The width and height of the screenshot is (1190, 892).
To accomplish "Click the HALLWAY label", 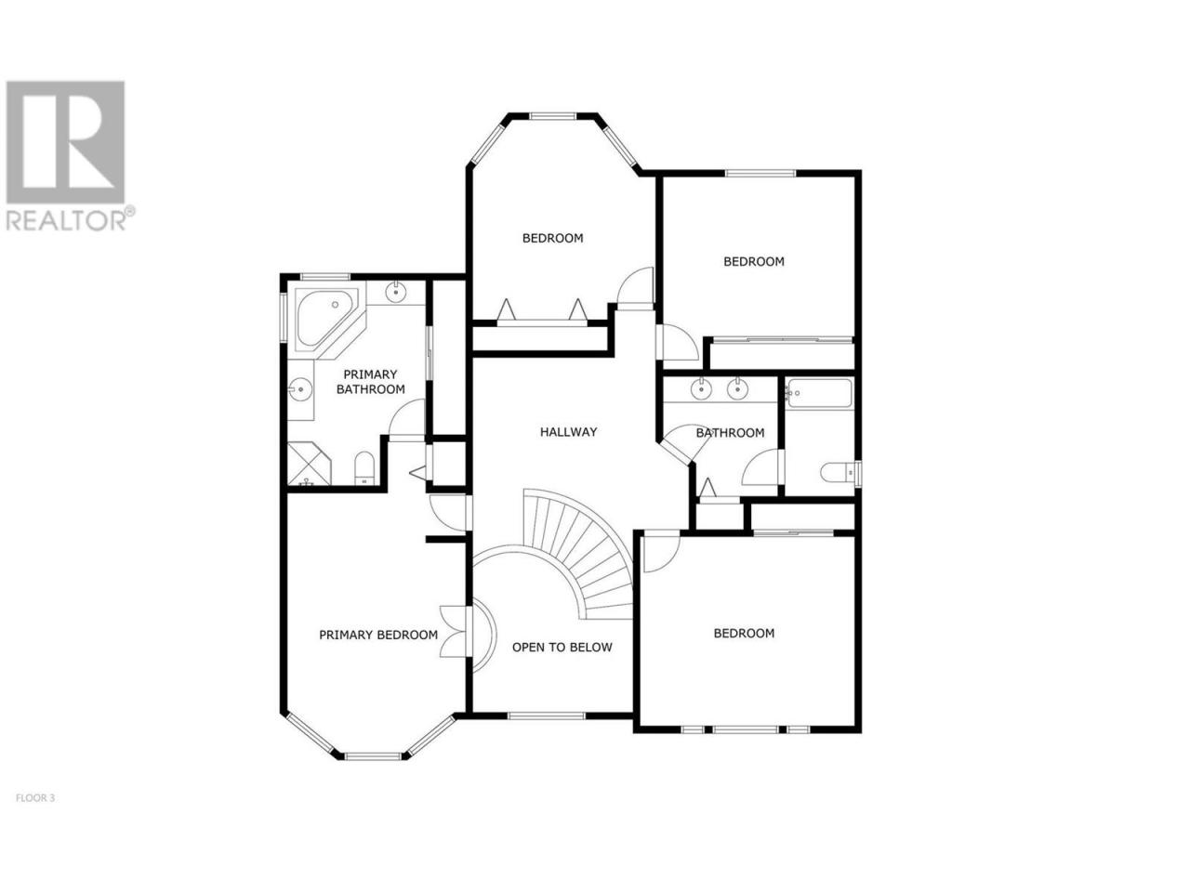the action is pyautogui.click(x=568, y=432).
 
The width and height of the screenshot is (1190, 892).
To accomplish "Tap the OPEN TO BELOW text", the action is pyautogui.click(x=562, y=647).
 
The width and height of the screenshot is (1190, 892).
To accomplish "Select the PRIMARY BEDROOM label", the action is pyautogui.click(x=377, y=635).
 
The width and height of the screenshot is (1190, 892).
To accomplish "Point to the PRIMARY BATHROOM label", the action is pyautogui.click(x=370, y=382).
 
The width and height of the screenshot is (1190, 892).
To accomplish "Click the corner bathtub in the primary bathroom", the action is pyautogui.click(x=326, y=318).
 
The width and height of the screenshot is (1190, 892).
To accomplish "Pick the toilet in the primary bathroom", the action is pyautogui.click(x=364, y=468).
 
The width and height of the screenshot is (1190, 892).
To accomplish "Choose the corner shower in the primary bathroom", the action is pyautogui.click(x=309, y=464).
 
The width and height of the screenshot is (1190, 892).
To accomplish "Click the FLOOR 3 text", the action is pyautogui.click(x=35, y=798).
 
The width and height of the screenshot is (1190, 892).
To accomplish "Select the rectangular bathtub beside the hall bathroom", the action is pyautogui.click(x=820, y=394).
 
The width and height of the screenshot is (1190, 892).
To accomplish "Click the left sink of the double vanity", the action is pyautogui.click(x=701, y=388).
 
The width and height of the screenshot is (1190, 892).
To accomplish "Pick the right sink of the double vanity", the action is pyautogui.click(x=737, y=388).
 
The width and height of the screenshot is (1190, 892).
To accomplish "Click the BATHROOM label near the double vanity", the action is pyautogui.click(x=730, y=433).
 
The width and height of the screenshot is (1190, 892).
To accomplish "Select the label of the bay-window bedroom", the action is pyautogui.click(x=552, y=238).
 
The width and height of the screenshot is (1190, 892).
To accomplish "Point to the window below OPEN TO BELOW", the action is pyautogui.click(x=547, y=715).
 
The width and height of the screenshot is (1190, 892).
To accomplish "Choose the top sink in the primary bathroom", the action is pyautogui.click(x=396, y=292).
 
